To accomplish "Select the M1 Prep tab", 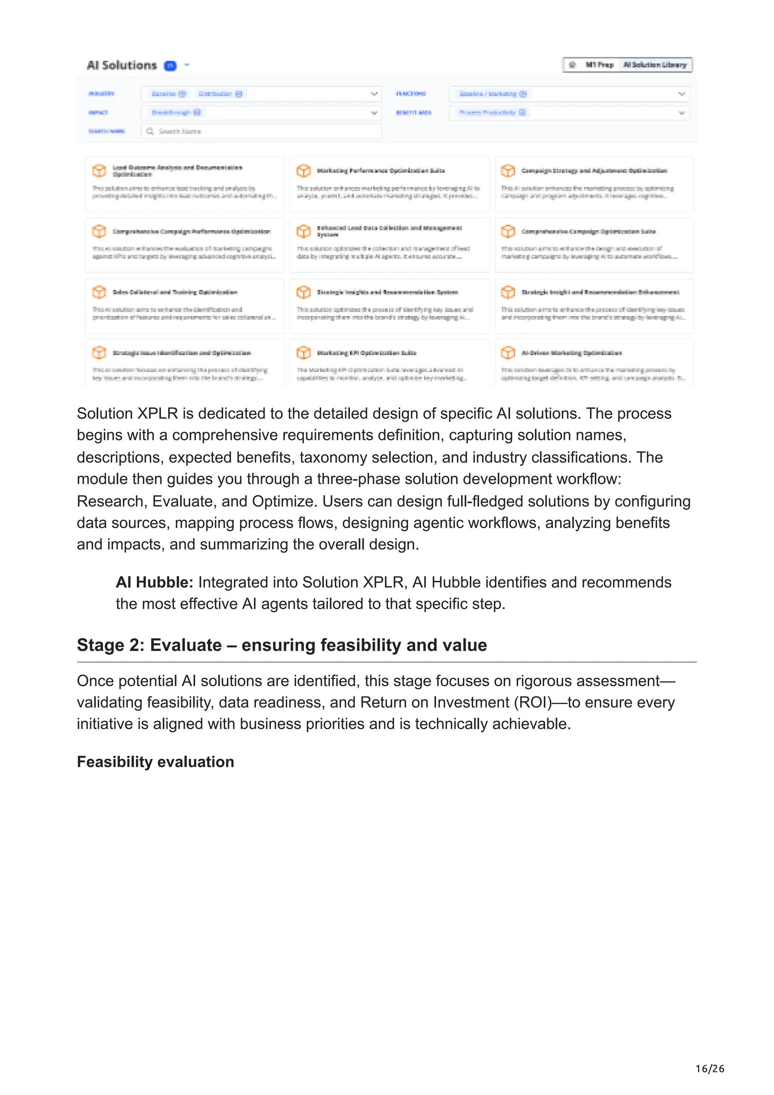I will [599, 65].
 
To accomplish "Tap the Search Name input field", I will [261, 131].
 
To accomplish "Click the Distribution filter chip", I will [215, 94].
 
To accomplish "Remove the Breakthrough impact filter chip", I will [197, 113].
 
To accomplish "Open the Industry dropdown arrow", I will [374, 94].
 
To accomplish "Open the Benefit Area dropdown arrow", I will [681, 113].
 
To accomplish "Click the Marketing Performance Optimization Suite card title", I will [381, 171].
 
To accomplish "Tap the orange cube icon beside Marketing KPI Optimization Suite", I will [303, 353].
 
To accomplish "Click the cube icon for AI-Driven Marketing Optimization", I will [508, 353].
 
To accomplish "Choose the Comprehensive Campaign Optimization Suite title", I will [588, 231].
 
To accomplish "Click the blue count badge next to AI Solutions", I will [170, 66].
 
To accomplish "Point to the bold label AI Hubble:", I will [155, 582].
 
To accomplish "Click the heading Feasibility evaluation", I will [155, 762].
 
